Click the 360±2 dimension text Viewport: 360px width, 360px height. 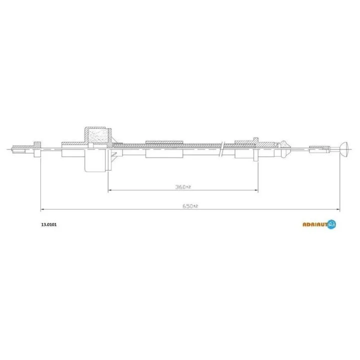click(x=183, y=187)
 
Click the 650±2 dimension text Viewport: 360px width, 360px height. click(x=190, y=206)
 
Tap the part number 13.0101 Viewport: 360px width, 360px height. click(x=48, y=224)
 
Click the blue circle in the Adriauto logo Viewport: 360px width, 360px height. click(x=332, y=224)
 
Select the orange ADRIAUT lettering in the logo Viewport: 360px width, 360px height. click(x=315, y=224)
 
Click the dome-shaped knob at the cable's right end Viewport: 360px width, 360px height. click(x=344, y=149)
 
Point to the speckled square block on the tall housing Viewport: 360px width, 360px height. click(x=98, y=135)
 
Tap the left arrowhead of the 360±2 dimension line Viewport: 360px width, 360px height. click(x=109, y=190)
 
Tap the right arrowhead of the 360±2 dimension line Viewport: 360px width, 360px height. click(x=256, y=190)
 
